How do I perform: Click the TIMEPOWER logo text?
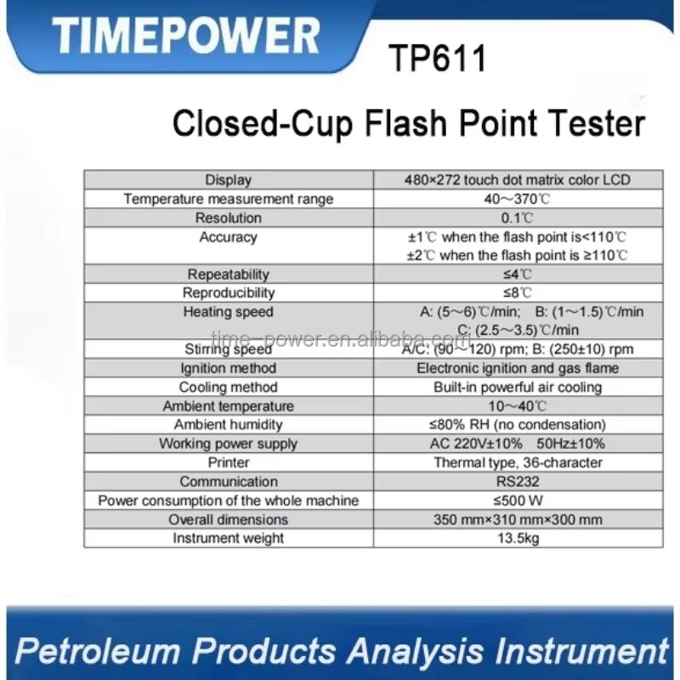coord(186,36)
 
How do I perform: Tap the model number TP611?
coord(437,58)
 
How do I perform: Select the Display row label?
coord(228,180)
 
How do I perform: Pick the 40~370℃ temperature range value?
coord(517,199)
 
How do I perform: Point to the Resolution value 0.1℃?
coord(517,218)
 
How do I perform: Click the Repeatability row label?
coord(228,274)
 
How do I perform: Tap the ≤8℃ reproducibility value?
coord(517,292)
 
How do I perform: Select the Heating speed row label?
coord(228,312)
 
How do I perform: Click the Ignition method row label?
coord(228,368)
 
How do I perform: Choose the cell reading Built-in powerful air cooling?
coord(518,388)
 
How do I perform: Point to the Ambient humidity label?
coord(228,424)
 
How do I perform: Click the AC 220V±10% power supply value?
coord(476,444)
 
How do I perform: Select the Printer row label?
coord(228,462)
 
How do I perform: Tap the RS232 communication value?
coord(518,481)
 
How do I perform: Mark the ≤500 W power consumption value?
coord(518,501)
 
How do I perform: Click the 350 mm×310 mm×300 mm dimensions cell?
coord(518,519)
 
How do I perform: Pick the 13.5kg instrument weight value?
coord(518,538)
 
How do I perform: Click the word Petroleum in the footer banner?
coord(97,651)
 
